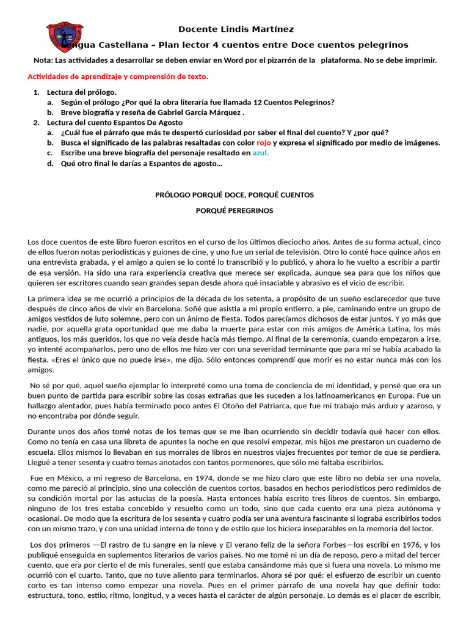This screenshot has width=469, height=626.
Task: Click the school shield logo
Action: click(x=65, y=37)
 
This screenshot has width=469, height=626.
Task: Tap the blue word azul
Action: click(x=260, y=153)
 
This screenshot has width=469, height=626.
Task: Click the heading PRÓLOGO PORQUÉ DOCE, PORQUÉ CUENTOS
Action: click(x=234, y=194)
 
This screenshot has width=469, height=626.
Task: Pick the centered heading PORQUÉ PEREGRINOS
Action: click(x=234, y=210)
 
